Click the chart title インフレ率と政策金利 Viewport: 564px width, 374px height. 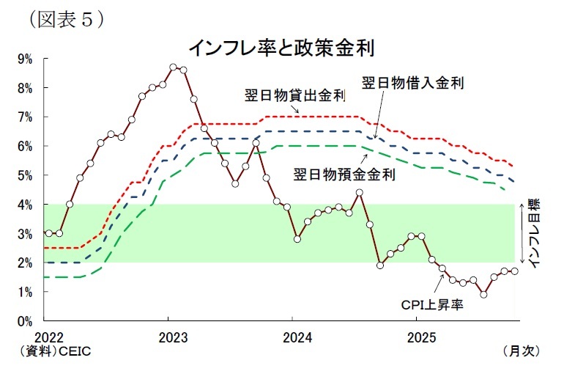282,48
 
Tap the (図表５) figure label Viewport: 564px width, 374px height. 65,18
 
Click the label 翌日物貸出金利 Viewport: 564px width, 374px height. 294,96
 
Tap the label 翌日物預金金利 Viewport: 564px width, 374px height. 344,175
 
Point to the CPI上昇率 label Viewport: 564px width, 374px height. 432,304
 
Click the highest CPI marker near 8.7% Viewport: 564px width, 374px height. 173,67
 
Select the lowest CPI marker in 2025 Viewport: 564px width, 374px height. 483,295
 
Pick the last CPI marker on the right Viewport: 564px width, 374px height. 514,271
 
